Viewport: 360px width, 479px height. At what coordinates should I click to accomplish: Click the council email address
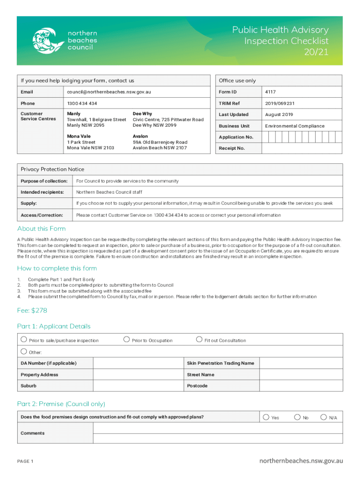click(x=105, y=92)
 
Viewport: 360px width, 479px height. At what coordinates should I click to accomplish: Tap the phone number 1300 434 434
click(x=82, y=103)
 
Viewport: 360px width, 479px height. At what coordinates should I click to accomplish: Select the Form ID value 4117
click(x=270, y=92)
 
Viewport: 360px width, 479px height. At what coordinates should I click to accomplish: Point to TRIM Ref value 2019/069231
click(x=280, y=103)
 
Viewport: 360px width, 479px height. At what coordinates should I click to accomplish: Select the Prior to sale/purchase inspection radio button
click(x=23, y=340)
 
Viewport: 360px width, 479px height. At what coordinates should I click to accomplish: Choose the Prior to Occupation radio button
click(x=126, y=340)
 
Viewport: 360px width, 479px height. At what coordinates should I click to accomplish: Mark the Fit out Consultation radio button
click(x=199, y=340)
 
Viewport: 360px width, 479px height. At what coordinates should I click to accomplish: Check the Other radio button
click(x=23, y=351)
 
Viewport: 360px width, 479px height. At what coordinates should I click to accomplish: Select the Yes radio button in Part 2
click(x=266, y=417)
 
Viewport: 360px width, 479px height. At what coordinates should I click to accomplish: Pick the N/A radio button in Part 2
click(x=324, y=417)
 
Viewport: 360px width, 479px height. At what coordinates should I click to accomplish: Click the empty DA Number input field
click(x=138, y=363)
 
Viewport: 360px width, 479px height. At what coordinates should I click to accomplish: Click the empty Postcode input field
click(x=301, y=386)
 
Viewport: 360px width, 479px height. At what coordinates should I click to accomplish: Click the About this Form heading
click(x=42, y=228)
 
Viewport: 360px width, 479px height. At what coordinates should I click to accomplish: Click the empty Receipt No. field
click(x=302, y=148)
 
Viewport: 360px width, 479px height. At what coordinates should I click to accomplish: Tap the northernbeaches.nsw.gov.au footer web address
click(x=301, y=461)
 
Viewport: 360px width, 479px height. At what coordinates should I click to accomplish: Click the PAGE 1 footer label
click(x=25, y=462)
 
